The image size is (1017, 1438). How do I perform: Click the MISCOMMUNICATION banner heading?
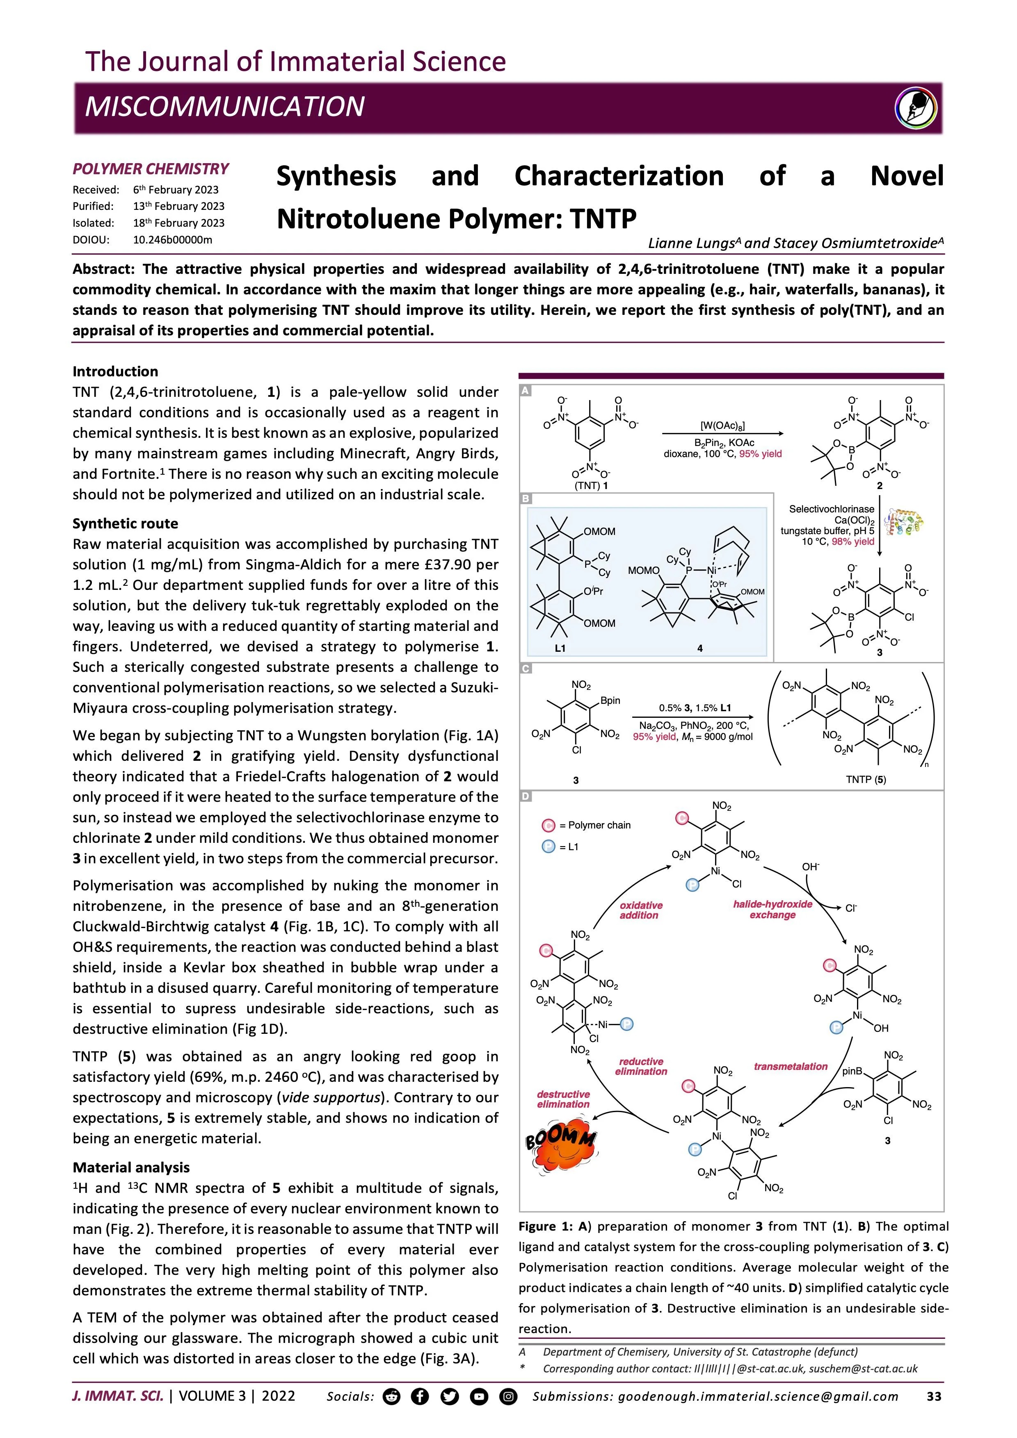(224, 107)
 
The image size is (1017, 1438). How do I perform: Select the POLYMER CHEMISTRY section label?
(151, 169)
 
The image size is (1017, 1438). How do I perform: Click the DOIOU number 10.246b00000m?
(172, 239)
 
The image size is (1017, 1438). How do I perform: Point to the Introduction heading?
(115, 371)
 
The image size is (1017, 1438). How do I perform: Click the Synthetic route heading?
(125, 523)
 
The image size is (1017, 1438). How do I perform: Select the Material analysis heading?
(131, 1167)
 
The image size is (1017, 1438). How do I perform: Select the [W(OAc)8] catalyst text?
(722, 426)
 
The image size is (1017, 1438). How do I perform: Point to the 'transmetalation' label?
(790, 1066)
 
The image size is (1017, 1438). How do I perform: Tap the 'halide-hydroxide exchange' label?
(772, 909)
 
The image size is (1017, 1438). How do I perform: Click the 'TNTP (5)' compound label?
(865, 780)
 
